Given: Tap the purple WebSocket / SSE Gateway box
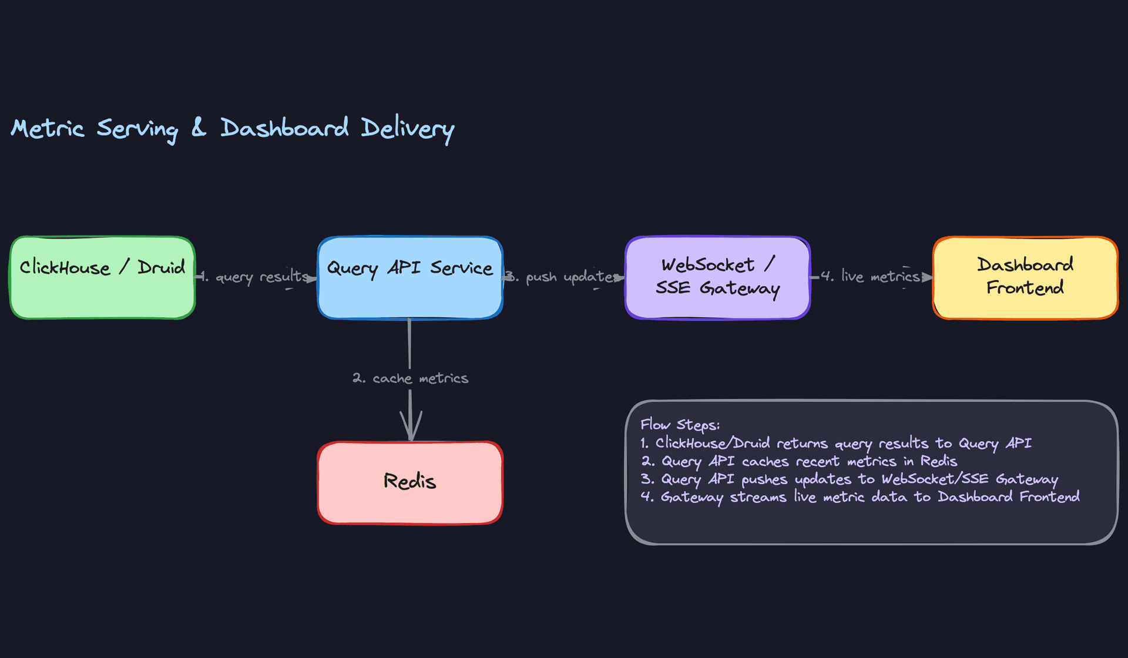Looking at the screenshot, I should (x=717, y=277).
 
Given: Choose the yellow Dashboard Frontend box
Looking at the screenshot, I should (x=1025, y=277).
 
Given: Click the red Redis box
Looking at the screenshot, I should (x=409, y=482).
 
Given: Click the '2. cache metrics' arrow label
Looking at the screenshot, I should (x=410, y=378).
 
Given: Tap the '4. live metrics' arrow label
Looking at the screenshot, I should (x=871, y=277).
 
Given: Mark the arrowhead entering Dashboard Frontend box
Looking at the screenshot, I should (x=926, y=277).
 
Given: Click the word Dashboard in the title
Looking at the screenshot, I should (x=284, y=128).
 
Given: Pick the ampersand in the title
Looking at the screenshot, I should (x=199, y=127).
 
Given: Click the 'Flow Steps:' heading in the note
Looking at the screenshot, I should (x=680, y=425).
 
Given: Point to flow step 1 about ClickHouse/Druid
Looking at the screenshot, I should (x=835, y=444).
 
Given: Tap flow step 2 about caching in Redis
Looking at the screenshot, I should (x=799, y=462).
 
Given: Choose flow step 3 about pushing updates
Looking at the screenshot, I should (x=849, y=479).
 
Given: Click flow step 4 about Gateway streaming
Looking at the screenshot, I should (x=860, y=498).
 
